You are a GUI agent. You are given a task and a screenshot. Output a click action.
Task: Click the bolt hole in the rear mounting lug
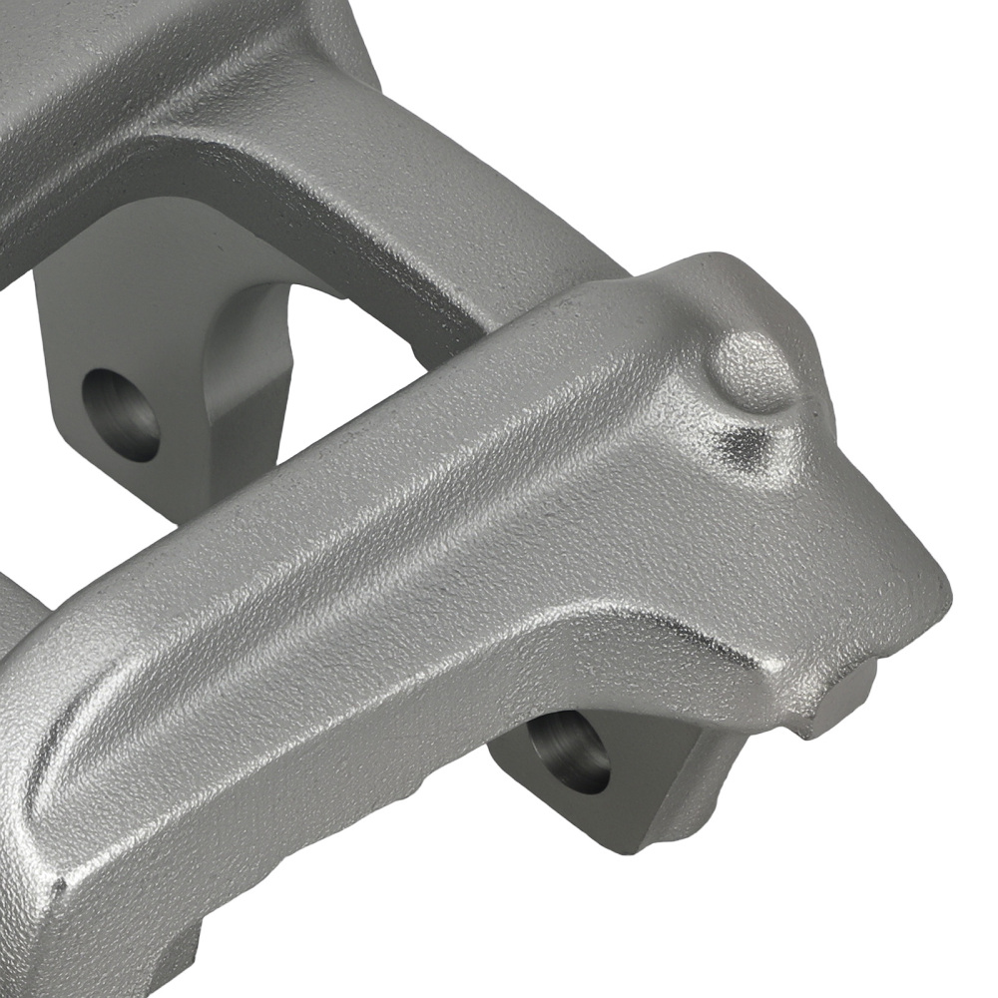point(120,415)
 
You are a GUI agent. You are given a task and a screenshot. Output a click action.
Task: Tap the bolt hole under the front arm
point(568,750)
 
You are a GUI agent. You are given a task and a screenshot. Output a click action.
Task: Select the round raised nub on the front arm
point(756,371)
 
